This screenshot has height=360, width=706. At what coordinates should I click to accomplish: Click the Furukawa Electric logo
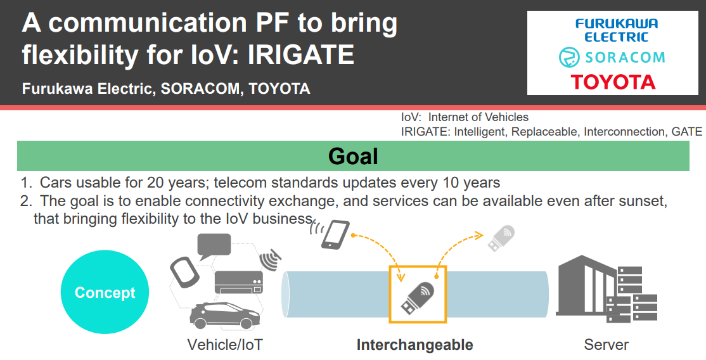point(617,30)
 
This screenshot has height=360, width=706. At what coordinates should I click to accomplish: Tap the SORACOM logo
point(612,58)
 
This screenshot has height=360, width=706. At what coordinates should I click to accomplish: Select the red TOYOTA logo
point(613,82)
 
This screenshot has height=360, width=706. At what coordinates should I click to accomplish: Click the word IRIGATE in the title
point(301,55)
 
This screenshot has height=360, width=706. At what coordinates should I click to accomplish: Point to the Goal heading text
point(353,156)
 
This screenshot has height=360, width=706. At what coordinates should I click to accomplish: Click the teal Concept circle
point(105,292)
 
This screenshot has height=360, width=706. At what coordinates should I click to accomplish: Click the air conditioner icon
point(239,283)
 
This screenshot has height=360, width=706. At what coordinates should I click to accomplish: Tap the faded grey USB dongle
point(501,238)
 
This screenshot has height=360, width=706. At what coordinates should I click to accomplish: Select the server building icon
point(606,289)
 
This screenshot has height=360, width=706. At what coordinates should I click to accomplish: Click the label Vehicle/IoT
point(225,345)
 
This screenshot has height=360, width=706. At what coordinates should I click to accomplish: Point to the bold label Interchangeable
point(414,345)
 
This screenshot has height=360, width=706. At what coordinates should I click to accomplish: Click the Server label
point(606,345)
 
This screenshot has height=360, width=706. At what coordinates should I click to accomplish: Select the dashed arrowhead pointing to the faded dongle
point(478,235)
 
